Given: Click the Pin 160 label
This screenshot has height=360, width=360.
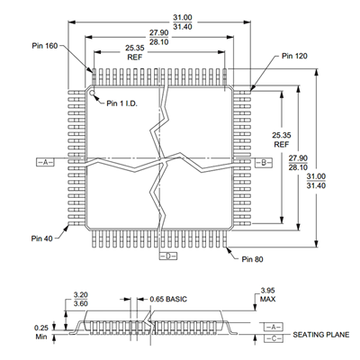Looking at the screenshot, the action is pos(45,46).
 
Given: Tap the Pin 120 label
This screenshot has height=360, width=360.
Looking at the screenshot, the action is pos(294,56).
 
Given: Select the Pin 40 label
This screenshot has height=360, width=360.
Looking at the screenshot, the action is pos(41,238).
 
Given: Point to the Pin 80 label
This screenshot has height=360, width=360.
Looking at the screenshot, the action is pos(253,259).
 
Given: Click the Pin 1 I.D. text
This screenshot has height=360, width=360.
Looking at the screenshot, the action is pos(121,103).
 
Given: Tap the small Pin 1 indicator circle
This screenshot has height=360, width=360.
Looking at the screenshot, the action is pos(92,92).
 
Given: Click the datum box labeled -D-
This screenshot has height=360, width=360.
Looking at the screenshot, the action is pos(168,256).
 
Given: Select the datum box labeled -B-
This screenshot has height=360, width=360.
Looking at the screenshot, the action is pos(264,163).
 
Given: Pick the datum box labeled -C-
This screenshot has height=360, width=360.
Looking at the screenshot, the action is pos(274,338).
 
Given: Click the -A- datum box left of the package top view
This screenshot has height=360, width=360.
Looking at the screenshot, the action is pos(45,162).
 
